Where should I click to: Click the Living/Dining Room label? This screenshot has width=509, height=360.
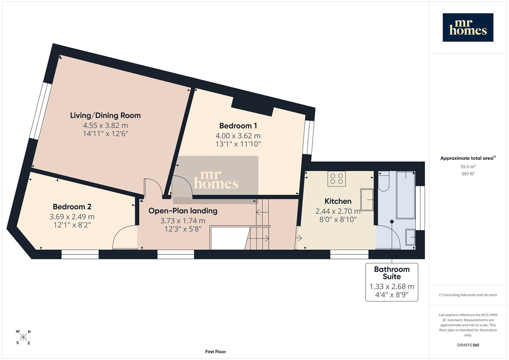(x=105, y=115)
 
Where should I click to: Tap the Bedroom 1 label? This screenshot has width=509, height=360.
(x=238, y=126)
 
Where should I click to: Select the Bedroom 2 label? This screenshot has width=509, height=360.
(x=72, y=207)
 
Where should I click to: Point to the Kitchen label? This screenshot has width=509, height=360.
(x=338, y=201)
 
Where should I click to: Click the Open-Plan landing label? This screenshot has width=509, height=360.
(x=183, y=211)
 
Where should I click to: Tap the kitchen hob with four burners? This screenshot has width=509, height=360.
(x=337, y=179)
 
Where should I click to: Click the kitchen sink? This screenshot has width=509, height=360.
(x=367, y=200)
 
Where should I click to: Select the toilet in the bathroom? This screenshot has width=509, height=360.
(x=384, y=181)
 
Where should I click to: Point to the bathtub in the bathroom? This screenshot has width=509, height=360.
(x=406, y=195)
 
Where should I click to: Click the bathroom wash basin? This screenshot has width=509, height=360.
(x=410, y=237)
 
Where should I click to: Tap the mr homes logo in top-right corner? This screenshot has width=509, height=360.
(x=468, y=28)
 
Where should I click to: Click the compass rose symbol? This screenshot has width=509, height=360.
(x=23, y=337)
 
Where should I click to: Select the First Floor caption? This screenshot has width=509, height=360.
(x=215, y=352)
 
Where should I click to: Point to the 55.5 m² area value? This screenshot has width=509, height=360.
(x=468, y=167)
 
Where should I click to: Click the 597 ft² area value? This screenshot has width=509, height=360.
(x=468, y=174)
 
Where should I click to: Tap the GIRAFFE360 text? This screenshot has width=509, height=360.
(x=468, y=345)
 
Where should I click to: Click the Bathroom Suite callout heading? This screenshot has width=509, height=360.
(x=392, y=273)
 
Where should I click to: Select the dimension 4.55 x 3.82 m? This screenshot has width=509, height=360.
(x=105, y=126)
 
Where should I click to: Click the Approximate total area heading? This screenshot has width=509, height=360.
(x=468, y=158)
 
